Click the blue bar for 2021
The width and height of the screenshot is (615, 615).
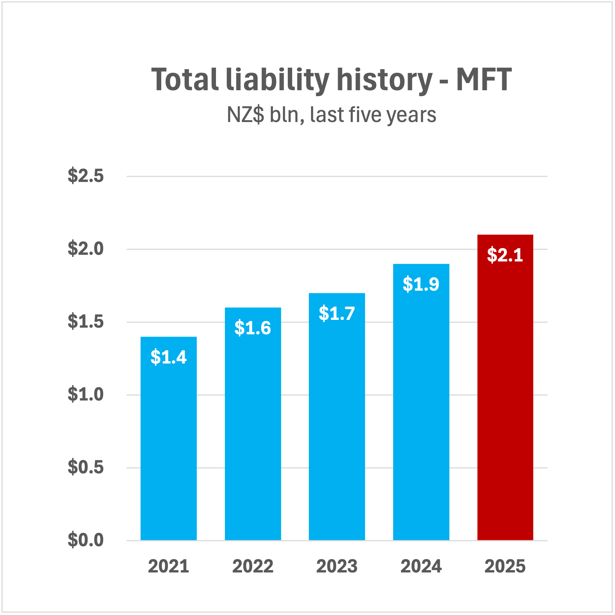pyautogui.click(x=169, y=444)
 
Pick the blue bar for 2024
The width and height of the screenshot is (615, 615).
pyautogui.click(x=421, y=407)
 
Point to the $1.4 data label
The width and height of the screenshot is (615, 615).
pyautogui.click(x=169, y=357)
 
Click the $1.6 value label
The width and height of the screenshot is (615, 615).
pyautogui.click(x=253, y=328)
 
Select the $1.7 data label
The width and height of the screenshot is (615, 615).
pyautogui.click(x=337, y=314)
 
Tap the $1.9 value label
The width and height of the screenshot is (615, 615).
pyautogui.click(x=421, y=284)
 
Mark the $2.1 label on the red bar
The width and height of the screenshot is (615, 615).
pyautogui.click(x=505, y=255)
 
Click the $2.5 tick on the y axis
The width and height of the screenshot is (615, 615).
pyautogui.click(x=85, y=176)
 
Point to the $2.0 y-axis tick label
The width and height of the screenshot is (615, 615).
pyautogui.click(x=85, y=249)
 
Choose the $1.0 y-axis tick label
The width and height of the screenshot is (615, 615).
pyautogui.click(x=85, y=395)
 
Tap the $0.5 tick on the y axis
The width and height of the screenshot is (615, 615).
pyautogui.click(x=85, y=467)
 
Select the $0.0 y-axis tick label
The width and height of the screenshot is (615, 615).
pyautogui.click(x=85, y=540)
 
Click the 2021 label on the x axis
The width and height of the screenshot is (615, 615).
pyautogui.click(x=169, y=566)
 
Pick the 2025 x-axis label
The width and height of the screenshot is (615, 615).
pyautogui.click(x=505, y=566)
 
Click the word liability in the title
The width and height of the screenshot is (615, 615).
pyautogui.click(x=277, y=80)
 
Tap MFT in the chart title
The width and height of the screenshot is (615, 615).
pyautogui.click(x=484, y=79)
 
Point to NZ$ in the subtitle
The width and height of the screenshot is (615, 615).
pyautogui.click(x=246, y=115)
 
